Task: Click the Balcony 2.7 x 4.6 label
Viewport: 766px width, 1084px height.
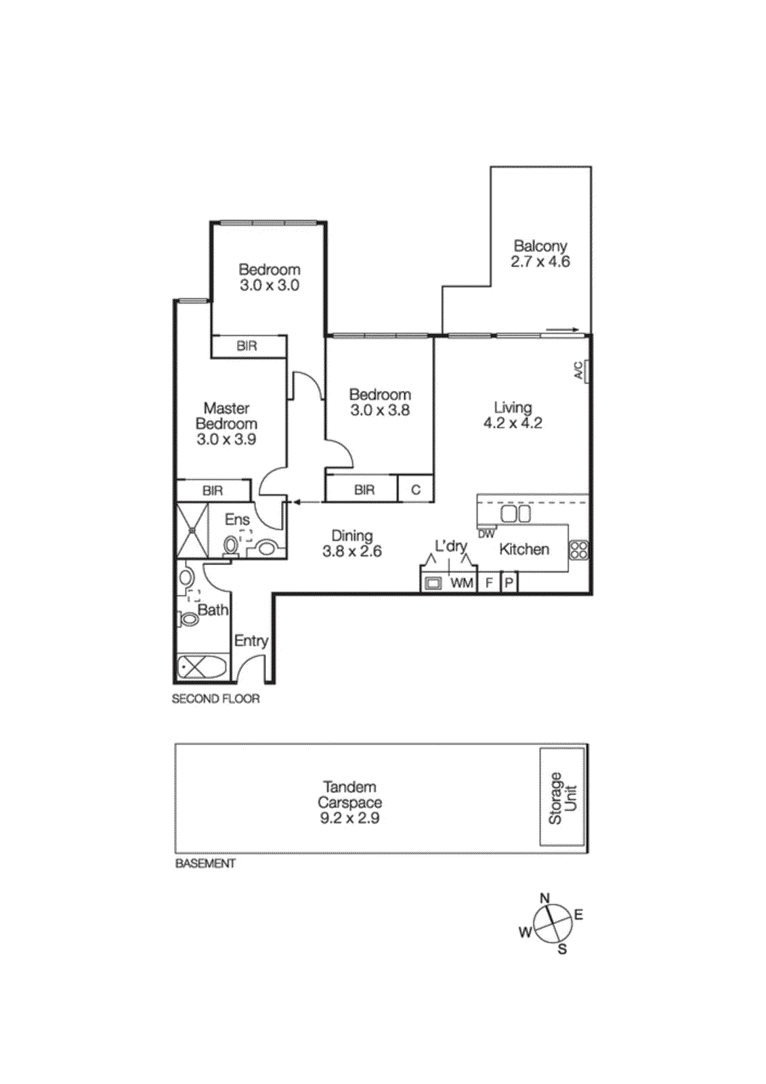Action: (x=540, y=254)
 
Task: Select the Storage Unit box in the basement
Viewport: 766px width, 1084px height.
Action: (x=562, y=797)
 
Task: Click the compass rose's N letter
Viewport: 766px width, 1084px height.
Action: (x=545, y=898)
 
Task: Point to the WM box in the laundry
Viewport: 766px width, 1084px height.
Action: (x=462, y=583)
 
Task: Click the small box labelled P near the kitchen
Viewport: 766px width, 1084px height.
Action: (x=509, y=583)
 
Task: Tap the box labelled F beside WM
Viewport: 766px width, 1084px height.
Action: (x=488, y=583)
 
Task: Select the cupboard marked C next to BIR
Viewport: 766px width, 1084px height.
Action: (x=415, y=490)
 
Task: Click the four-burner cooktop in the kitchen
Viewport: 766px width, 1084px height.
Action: (x=578, y=549)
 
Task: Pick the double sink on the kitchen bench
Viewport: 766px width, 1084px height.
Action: (x=515, y=514)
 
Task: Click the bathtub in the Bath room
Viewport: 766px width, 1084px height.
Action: (x=202, y=667)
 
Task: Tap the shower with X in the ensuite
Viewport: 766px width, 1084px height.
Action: (x=192, y=530)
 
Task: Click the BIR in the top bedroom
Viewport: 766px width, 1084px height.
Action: (x=247, y=346)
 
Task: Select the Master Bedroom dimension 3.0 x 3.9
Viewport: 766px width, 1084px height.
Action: (x=226, y=440)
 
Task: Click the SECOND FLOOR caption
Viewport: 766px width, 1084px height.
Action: (x=215, y=699)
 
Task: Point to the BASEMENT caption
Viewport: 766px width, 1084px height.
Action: (x=205, y=863)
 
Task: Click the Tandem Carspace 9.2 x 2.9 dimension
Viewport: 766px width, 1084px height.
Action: (x=349, y=818)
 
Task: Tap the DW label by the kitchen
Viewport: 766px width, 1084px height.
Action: (x=486, y=534)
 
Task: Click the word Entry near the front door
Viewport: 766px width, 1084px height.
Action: (x=251, y=640)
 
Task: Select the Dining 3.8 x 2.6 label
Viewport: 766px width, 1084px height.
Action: (x=352, y=543)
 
